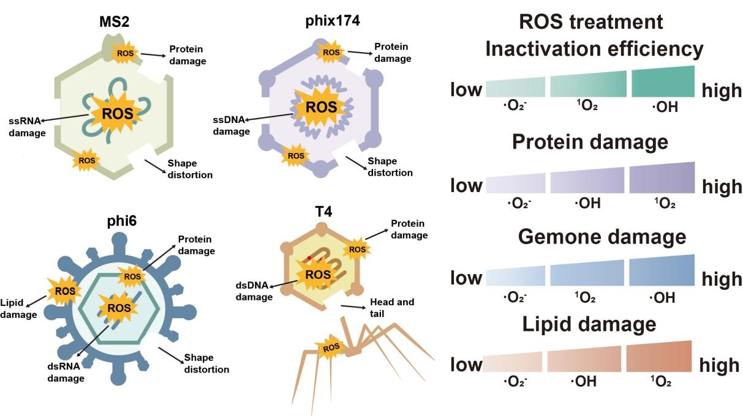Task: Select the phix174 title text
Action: pos(332,21)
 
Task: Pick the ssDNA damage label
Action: pos(231,125)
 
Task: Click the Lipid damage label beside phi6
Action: pos(18,309)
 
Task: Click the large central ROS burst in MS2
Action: pos(115,114)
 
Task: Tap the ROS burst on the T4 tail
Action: pos(331,348)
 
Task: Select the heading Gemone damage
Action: pos(594,237)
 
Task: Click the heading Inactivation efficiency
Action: pos(594,49)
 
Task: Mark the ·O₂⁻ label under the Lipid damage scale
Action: pos(516,382)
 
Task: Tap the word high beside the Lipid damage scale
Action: pos(720,365)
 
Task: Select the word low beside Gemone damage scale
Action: pos(467,278)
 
